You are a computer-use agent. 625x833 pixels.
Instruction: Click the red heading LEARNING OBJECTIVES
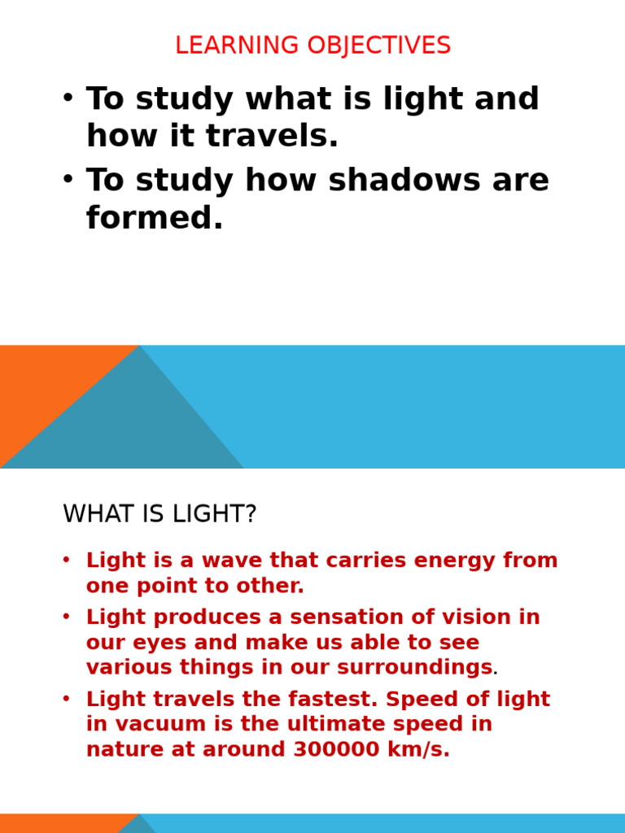[x=312, y=46]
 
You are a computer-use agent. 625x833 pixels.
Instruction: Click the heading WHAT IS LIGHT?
[x=160, y=514]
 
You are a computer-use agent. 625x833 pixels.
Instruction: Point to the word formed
[x=154, y=218]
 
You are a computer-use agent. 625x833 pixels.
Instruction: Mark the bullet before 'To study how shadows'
[x=68, y=179]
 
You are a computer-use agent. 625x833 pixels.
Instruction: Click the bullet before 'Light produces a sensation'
[x=66, y=617]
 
